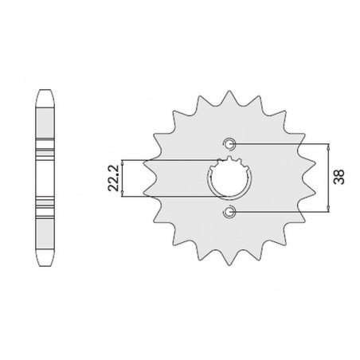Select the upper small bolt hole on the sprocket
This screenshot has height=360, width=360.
pyautogui.click(x=229, y=143)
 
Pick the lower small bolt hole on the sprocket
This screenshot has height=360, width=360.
pyautogui.click(x=229, y=211)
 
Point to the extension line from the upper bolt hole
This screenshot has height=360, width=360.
pyautogui.click(x=279, y=143)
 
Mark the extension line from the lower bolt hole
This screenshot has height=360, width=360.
pyautogui.click(x=279, y=211)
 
